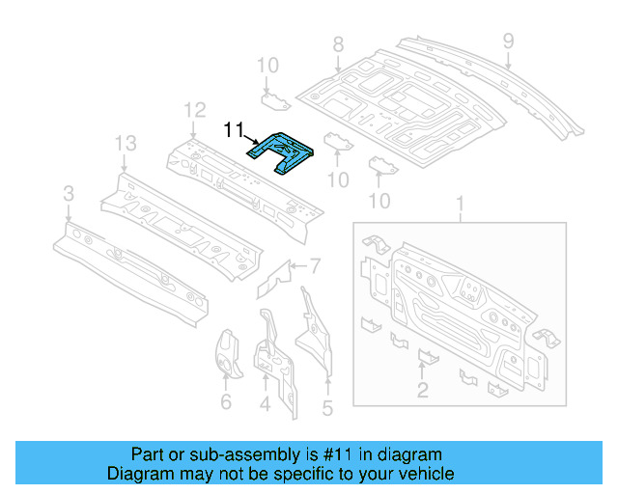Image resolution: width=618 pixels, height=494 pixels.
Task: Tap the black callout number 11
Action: (x=234, y=129)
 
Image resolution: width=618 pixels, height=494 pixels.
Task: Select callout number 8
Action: (x=338, y=44)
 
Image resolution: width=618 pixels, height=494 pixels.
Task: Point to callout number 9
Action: (x=509, y=41)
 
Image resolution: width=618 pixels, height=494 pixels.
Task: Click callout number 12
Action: (x=195, y=110)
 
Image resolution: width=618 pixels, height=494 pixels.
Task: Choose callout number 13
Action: (x=126, y=144)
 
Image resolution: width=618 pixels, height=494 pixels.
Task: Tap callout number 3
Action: (x=69, y=194)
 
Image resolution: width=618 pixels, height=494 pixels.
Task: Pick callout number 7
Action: (x=316, y=266)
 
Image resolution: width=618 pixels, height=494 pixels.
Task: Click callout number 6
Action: (x=226, y=401)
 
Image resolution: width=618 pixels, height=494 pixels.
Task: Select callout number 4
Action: (x=265, y=404)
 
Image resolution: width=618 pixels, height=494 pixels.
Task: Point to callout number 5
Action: (x=327, y=408)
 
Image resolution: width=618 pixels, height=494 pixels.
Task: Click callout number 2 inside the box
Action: (x=423, y=390)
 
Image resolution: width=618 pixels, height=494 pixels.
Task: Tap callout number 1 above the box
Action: (x=460, y=204)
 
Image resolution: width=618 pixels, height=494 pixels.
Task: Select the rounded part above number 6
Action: (x=228, y=354)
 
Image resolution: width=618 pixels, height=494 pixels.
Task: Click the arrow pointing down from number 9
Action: (x=509, y=61)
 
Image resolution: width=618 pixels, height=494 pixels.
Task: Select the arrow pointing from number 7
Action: (x=298, y=266)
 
